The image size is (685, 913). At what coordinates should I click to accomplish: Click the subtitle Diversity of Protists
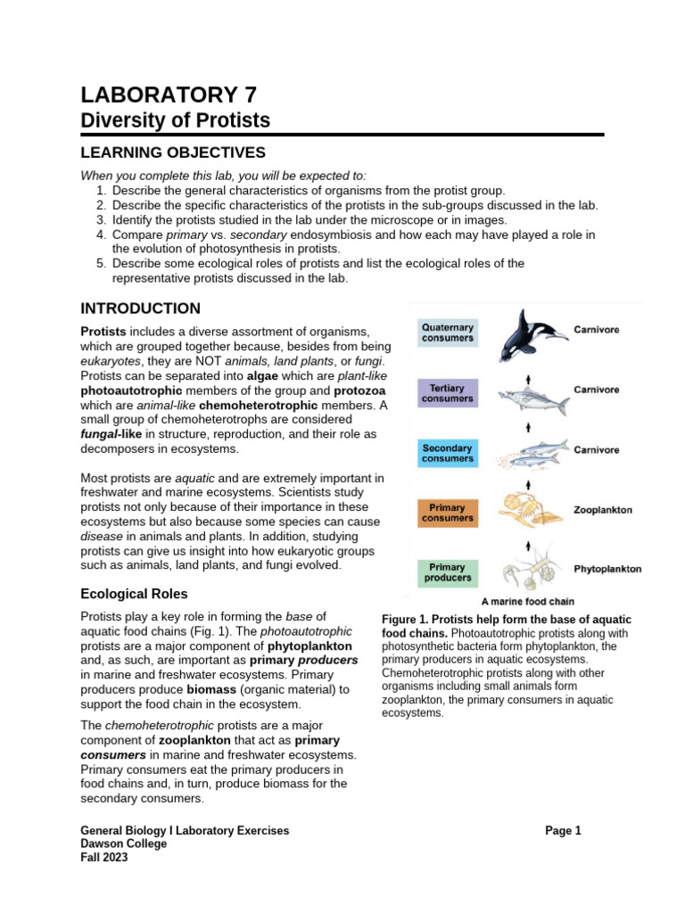pyautogui.click(x=175, y=120)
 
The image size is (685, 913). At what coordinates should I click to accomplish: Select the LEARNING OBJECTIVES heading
pyautogui.click(x=173, y=152)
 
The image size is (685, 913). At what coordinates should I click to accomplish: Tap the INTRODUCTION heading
pyautogui.click(x=140, y=308)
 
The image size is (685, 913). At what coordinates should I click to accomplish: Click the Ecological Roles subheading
pyautogui.click(x=134, y=594)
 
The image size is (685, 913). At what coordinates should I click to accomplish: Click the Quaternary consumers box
pyautogui.click(x=448, y=333)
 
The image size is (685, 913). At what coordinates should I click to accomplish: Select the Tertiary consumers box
pyautogui.click(x=448, y=393)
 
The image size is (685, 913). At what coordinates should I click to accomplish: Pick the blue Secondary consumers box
pyautogui.click(x=448, y=453)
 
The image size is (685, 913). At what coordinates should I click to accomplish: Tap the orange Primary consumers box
pyautogui.click(x=448, y=512)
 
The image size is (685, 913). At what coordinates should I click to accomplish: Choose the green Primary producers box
pyautogui.click(x=448, y=572)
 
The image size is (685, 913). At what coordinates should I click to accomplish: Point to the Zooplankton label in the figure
pyautogui.click(x=602, y=511)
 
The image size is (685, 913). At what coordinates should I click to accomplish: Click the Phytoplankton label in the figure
pyautogui.click(x=606, y=569)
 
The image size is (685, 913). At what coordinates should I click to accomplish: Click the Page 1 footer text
pyautogui.click(x=563, y=830)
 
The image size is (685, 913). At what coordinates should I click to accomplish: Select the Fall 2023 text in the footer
pyautogui.click(x=104, y=858)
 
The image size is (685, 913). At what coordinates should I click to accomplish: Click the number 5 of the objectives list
pyautogui.click(x=101, y=264)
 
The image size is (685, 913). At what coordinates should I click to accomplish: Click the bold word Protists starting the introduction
pyautogui.click(x=103, y=331)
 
